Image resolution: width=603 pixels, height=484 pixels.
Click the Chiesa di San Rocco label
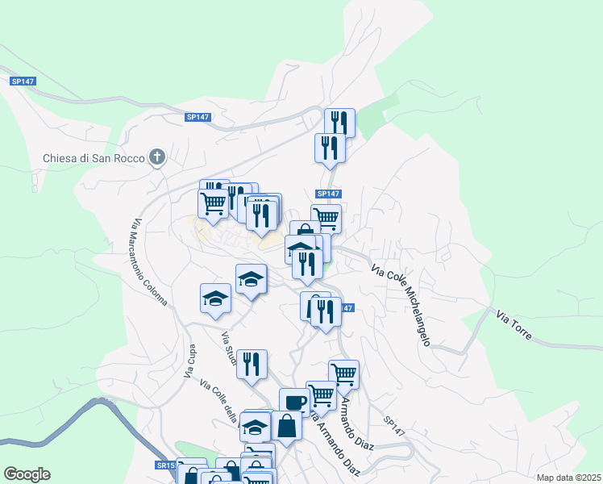94,158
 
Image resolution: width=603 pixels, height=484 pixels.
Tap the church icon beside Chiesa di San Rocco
158,157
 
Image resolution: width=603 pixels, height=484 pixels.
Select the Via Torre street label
514,324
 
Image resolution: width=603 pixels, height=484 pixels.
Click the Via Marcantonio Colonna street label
150,262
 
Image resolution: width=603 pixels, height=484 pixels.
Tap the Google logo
27,474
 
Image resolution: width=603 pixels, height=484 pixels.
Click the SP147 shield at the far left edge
23,81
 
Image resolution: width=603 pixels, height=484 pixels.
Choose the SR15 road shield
165,465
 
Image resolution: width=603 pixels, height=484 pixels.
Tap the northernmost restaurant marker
339,122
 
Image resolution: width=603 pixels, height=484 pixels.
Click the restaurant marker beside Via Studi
252,363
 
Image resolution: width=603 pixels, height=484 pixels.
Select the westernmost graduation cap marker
215,298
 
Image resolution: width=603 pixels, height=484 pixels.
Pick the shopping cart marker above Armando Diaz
343,373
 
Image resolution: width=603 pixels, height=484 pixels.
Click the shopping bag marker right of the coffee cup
286,424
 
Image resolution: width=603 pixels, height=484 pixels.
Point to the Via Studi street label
229,348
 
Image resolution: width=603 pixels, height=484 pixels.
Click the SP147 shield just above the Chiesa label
198,117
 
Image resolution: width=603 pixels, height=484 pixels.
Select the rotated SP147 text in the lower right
394,427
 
